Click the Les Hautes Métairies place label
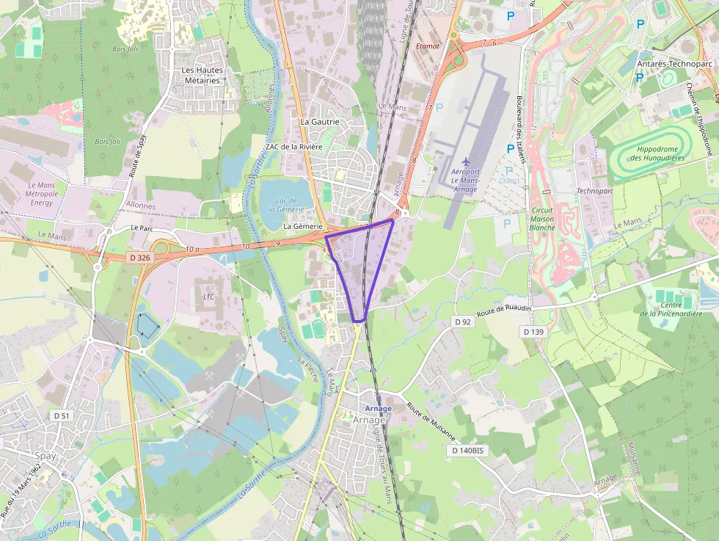[x=202, y=75]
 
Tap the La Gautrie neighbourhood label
[x=320, y=122]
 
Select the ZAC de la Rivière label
[x=294, y=147]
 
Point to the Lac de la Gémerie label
[x=286, y=204]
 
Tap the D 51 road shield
[x=62, y=415]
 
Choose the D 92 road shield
[x=462, y=322]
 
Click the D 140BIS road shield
[x=467, y=450]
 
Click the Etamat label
[x=427, y=46]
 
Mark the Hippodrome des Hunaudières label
[x=657, y=153]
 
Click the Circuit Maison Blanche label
[x=542, y=218]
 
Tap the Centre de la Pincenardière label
[x=671, y=309]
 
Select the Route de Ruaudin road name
[x=503, y=310]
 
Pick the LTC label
[x=208, y=297]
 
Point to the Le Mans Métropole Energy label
[x=42, y=193]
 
